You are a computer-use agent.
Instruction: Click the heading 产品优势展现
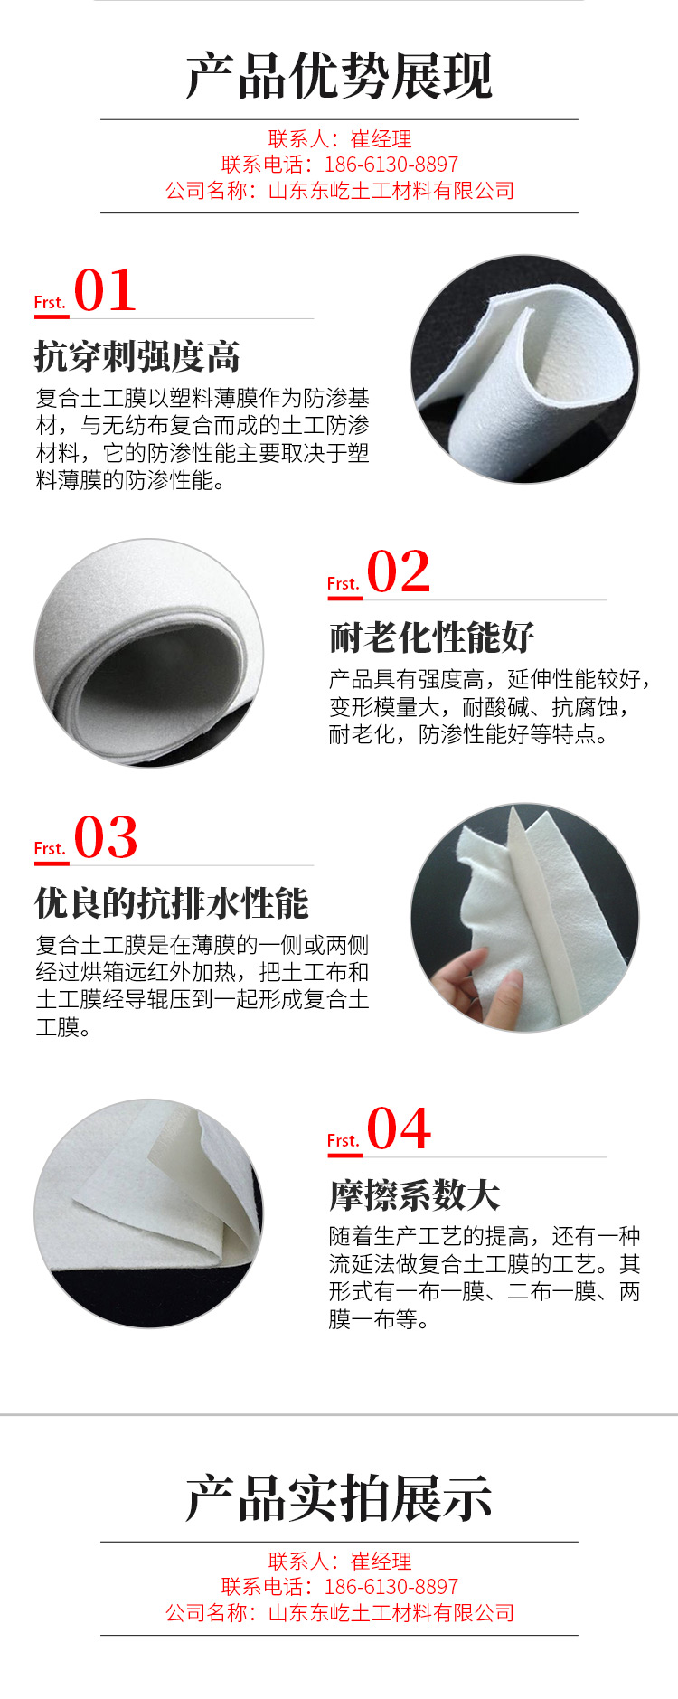click(339, 75)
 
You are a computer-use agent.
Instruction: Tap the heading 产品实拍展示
click(339, 1498)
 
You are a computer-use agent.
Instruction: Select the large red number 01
click(105, 290)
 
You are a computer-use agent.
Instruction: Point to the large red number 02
click(399, 571)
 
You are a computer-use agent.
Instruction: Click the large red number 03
click(106, 837)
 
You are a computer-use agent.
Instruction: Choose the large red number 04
click(399, 1128)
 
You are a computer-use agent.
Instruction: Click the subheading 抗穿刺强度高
click(137, 356)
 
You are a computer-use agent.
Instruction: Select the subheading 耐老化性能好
click(432, 637)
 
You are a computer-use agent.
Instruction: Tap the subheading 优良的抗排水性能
click(172, 903)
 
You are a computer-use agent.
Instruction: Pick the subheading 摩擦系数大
click(415, 1195)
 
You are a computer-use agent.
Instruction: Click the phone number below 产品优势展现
click(391, 165)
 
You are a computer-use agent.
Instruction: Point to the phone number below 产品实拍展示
click(391, 1587)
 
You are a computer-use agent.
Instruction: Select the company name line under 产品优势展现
click(340, 191)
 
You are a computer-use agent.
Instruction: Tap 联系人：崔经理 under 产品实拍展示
click(340, 1561)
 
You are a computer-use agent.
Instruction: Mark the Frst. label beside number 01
click(51, 302)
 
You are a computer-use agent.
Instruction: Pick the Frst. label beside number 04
click(344, 1140)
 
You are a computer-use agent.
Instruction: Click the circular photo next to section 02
click(149, 653)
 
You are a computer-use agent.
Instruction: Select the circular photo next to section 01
click(525, 369)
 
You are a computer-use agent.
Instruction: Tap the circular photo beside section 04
click(149, 1213)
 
